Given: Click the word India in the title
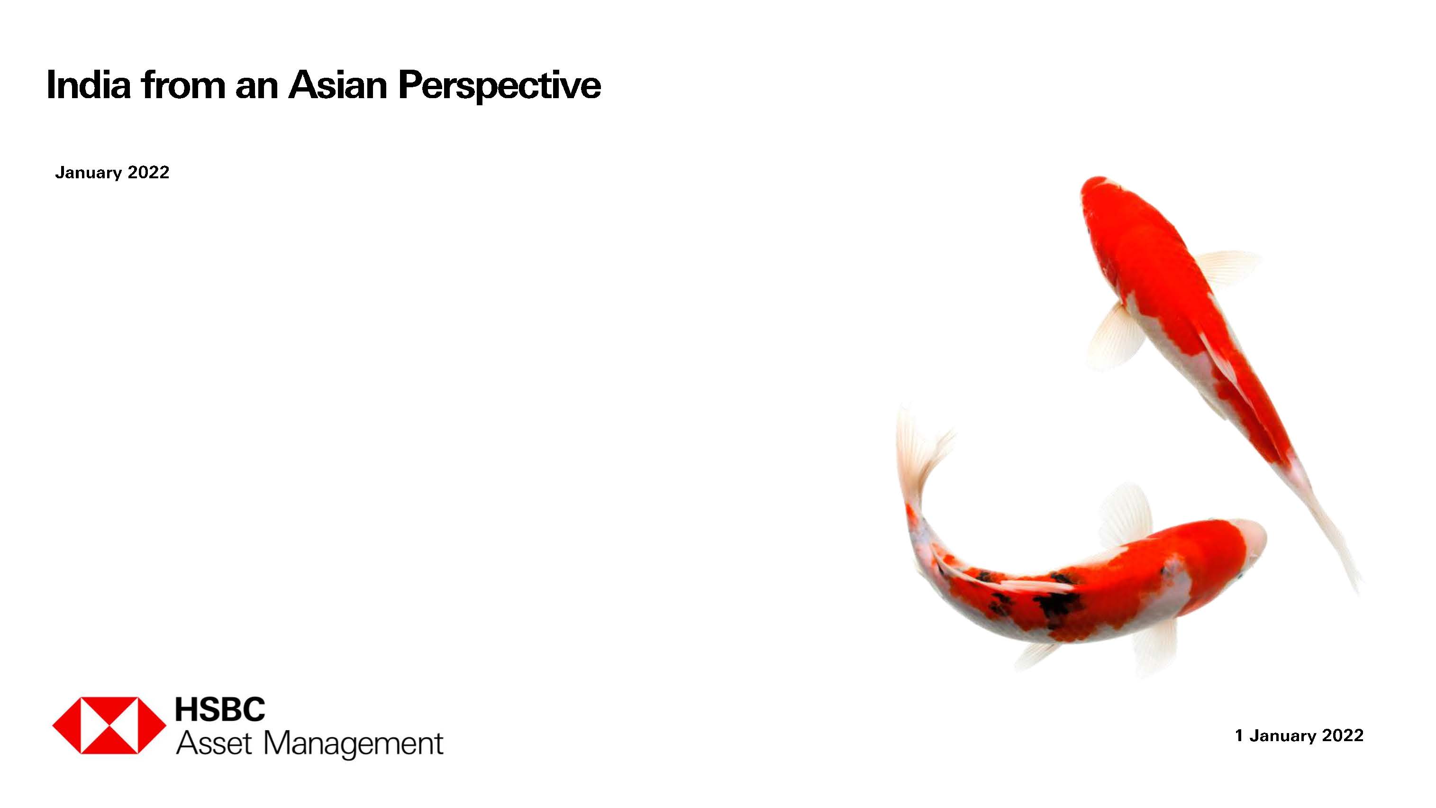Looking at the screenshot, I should tap(88, 85).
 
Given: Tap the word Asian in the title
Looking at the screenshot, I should tap(337, 85).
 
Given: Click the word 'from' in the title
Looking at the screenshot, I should tap(182, 85).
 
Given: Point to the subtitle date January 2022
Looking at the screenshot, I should tap(112, 172).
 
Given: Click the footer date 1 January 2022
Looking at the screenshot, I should tap(1299, 735).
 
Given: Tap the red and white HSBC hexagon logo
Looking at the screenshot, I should tap(109, 725).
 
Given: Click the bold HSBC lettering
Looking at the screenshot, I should tap(220, 709).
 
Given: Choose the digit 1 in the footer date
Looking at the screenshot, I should tap(1239, 735).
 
